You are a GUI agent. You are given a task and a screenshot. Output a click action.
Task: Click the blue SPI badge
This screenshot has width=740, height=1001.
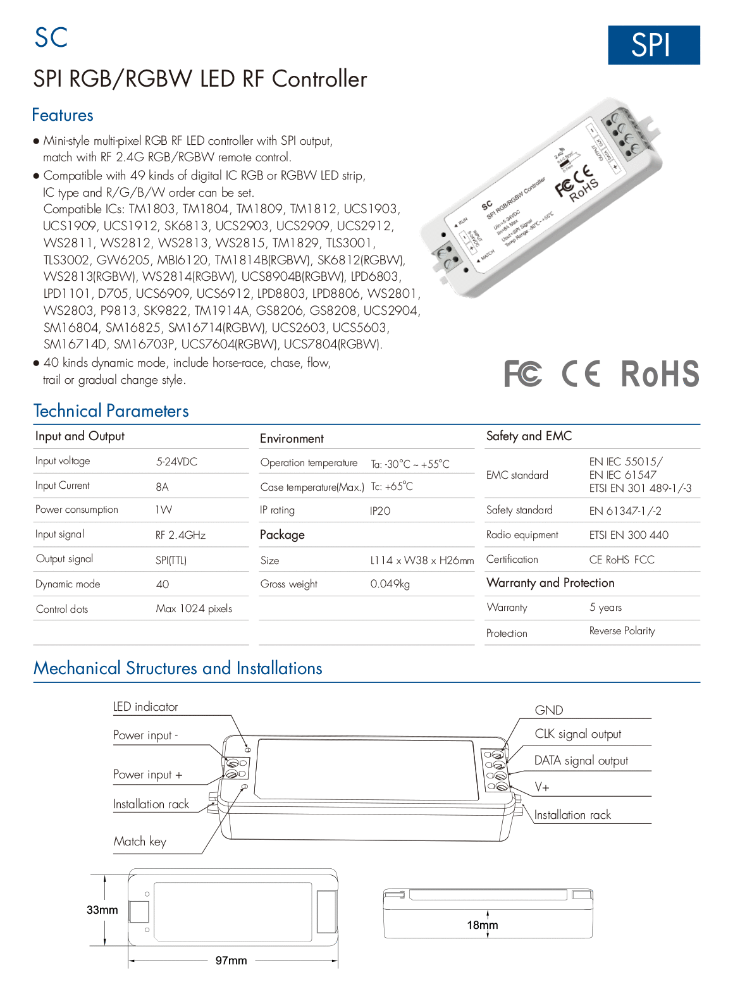coord(653,45)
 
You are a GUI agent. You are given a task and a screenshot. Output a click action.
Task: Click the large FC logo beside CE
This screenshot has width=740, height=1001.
coord(522,374)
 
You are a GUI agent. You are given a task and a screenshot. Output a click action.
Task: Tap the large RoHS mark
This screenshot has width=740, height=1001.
coord(660,374)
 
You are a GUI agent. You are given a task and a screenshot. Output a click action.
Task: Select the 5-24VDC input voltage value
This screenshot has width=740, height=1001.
coord(176,462)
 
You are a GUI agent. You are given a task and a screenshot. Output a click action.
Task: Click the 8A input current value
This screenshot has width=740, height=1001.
coord(162,486)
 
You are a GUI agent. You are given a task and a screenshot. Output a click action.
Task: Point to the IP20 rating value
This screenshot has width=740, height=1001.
coord(380,511)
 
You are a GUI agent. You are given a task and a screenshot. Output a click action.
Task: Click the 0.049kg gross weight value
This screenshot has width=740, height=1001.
coord(390,584)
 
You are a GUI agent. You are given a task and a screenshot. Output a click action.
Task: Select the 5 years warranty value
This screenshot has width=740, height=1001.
coord(605,608)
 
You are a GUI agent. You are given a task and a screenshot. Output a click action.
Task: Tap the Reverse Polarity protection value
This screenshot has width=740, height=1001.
coord(622,631)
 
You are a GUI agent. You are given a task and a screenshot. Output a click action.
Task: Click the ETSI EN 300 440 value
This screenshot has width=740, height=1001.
coord(628,535)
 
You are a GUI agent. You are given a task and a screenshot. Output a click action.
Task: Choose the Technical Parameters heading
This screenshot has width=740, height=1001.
coord(111,411)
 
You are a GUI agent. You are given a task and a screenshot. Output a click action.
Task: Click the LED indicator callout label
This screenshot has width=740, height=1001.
coord(145,707)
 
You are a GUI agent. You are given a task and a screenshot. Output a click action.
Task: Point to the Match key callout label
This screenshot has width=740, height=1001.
coord(140,842)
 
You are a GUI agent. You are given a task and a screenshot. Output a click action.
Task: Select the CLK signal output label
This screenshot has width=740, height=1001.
coord(577,734)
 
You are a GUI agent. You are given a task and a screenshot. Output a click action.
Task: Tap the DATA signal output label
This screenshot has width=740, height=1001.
coord(581,761)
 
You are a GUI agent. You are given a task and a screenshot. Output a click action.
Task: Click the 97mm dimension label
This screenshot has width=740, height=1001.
coord(231,961)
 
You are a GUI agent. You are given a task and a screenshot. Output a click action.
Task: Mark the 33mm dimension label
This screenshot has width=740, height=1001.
coord(102,910)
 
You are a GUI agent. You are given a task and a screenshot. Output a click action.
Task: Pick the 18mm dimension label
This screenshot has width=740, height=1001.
coord(482,925)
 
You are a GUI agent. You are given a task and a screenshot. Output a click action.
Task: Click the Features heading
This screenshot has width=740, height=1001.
coord(63,115)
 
